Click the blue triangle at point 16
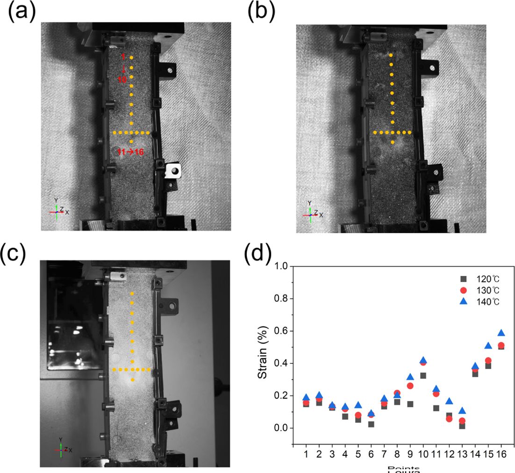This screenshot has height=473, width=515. [501, 333]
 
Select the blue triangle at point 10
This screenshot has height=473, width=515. [423, 360]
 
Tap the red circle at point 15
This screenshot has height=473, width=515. [488, 360]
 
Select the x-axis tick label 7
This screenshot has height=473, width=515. [384, 454]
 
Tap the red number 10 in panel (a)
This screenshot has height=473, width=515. [122, 80]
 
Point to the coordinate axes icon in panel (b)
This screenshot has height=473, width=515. [311, 213]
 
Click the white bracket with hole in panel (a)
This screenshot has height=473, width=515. [173, 171]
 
